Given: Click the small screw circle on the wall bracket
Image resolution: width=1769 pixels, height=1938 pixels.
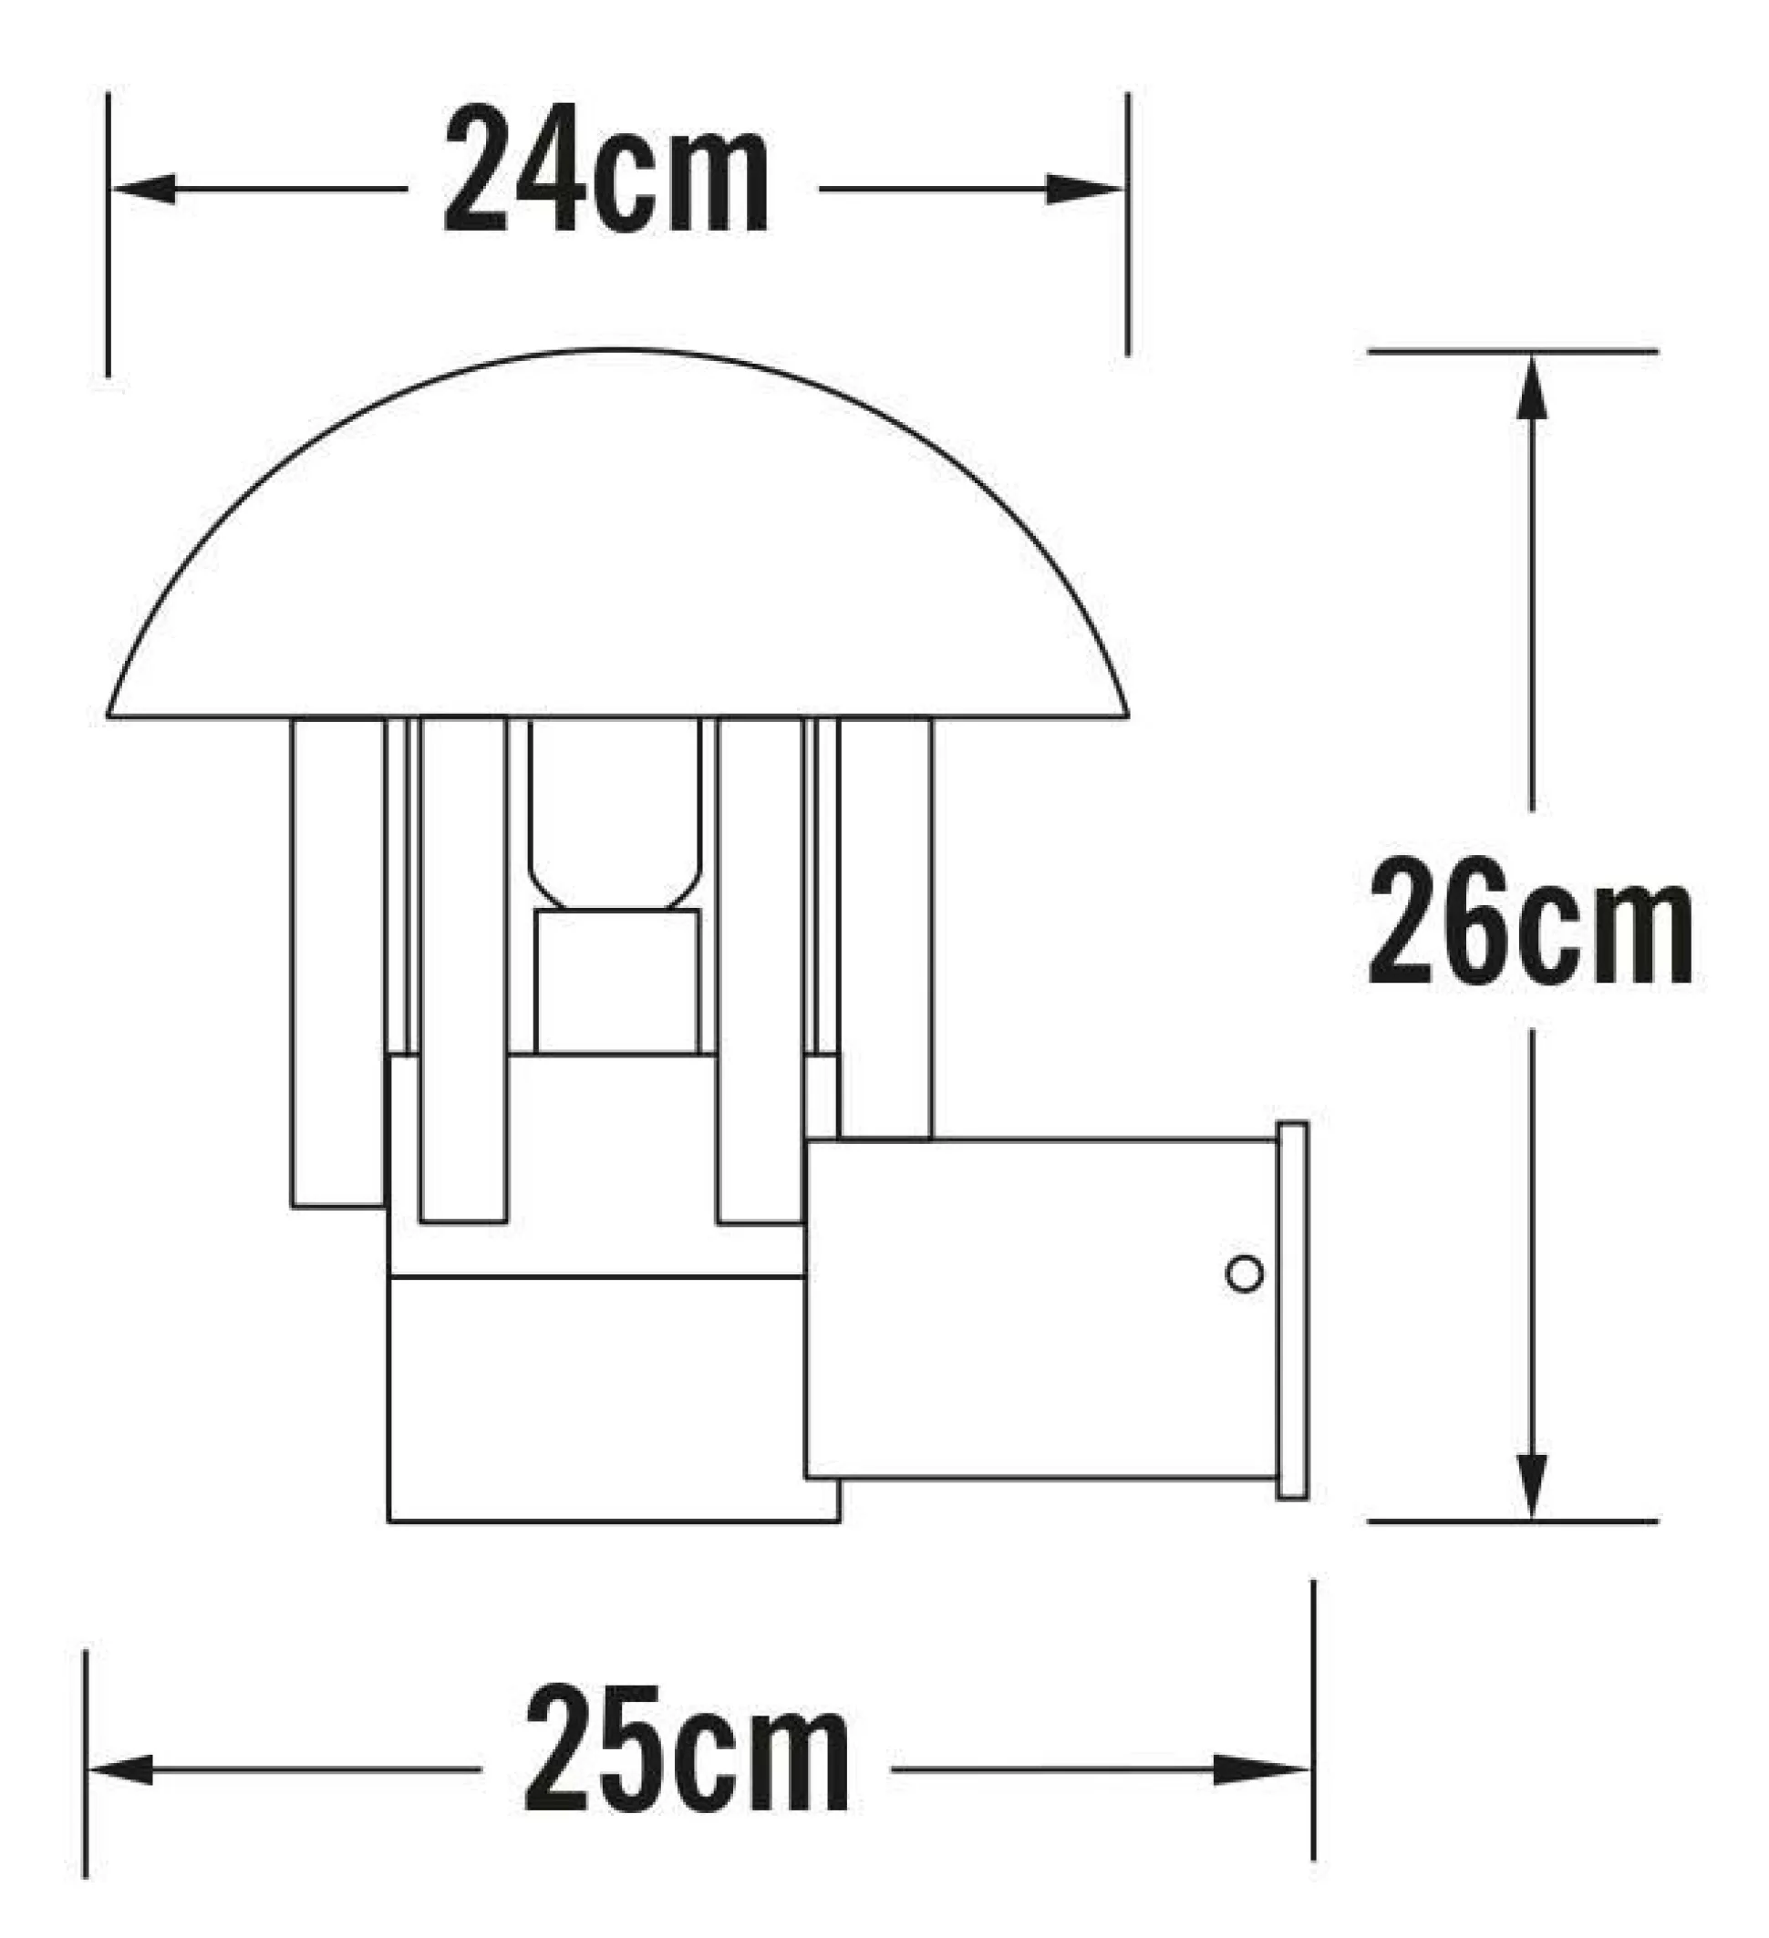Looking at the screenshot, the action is [x=1244, y=1274].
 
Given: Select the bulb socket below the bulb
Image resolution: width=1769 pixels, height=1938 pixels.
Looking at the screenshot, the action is [x=616, y=982].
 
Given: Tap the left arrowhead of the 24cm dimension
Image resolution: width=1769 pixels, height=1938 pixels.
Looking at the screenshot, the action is [x=144, y=190].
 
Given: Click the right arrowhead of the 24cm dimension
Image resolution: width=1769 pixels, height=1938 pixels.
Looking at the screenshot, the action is [x=1084, y=190].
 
